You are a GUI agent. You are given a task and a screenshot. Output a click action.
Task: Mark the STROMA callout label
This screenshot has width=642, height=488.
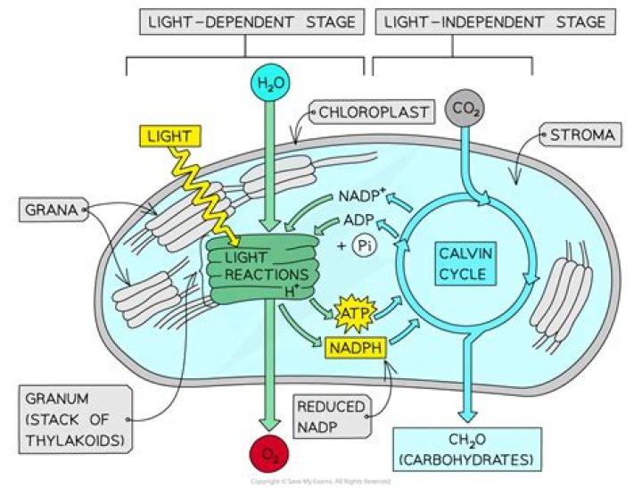577,136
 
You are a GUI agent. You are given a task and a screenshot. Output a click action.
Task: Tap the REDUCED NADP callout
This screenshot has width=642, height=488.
330,418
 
